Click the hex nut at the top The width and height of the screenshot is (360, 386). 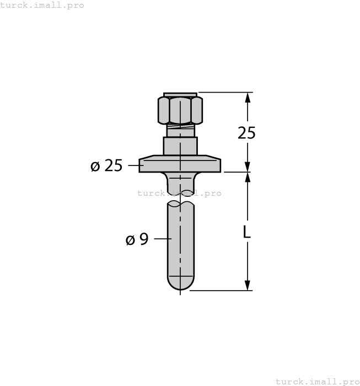[180, 110]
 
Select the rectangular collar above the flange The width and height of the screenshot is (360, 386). [180, 146]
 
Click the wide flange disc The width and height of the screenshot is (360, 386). [180, 164]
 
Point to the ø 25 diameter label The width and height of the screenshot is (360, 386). [106, 165]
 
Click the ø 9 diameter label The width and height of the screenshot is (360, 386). [137, 239]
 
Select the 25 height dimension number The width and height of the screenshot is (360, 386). [246, 133]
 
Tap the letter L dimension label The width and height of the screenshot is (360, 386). [247, 232]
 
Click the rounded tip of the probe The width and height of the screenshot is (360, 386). [180, 282]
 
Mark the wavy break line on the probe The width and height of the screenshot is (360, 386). [180, 203]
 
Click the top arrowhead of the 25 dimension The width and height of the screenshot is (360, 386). [248, 98]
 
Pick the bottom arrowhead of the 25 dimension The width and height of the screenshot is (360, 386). [248, 167]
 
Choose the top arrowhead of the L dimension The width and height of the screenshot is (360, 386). [248, 178]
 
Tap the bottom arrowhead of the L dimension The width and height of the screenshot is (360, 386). [248, 285]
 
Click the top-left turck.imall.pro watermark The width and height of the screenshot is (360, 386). [42, 5]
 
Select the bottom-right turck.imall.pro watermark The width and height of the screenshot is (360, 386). [317, 381]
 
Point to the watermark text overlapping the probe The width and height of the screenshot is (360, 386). [179, 193]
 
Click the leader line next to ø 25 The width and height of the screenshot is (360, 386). [134, 164]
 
